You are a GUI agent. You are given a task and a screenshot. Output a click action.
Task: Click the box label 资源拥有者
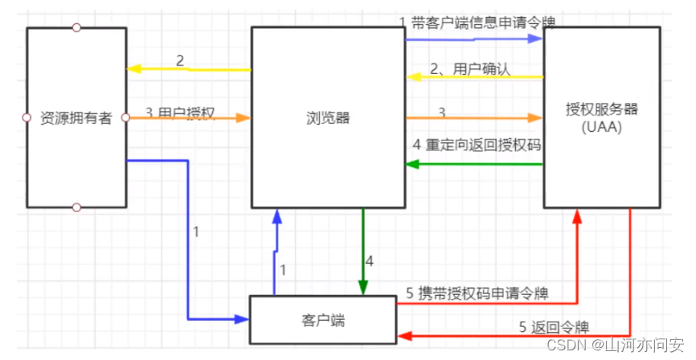coord(76,118)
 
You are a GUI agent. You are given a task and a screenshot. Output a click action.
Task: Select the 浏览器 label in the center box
coord(328,118)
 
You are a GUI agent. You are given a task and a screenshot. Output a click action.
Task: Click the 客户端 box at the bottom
coord(322,319)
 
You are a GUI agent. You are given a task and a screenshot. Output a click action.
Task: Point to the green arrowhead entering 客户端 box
coord(363,289)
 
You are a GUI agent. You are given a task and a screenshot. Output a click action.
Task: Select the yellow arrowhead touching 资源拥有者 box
coord(133,69)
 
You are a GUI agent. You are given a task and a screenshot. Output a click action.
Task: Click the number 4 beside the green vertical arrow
coord(370,261)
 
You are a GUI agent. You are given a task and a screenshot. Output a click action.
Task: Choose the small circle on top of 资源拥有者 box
coord(76,27)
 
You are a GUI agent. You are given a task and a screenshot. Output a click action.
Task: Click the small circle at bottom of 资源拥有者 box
coord(76,207)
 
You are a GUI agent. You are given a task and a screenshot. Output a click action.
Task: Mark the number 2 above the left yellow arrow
coord(180,60)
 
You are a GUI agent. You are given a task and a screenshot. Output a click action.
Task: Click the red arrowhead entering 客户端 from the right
coord(402,336)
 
